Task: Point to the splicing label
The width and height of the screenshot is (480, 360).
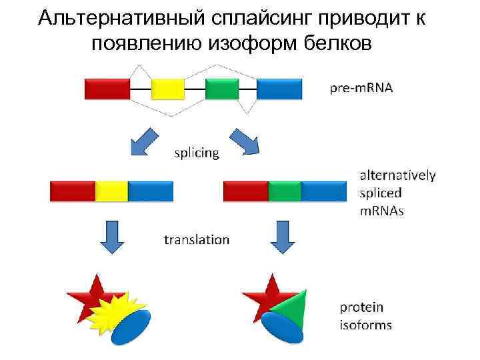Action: tap(196, 153)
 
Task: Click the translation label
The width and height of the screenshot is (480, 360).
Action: tap(197, 239)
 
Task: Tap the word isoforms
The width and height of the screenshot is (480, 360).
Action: tap(366, 325)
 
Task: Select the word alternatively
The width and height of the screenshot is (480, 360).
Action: tap(398, 175)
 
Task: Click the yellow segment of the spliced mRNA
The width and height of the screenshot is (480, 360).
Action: tap(111, 191)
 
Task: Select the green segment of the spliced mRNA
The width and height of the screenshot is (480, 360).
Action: tap(285, 191)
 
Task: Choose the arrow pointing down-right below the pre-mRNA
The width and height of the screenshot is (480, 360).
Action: tap(244, 141)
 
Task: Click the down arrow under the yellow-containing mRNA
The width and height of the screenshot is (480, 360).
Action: tap(111, 237)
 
